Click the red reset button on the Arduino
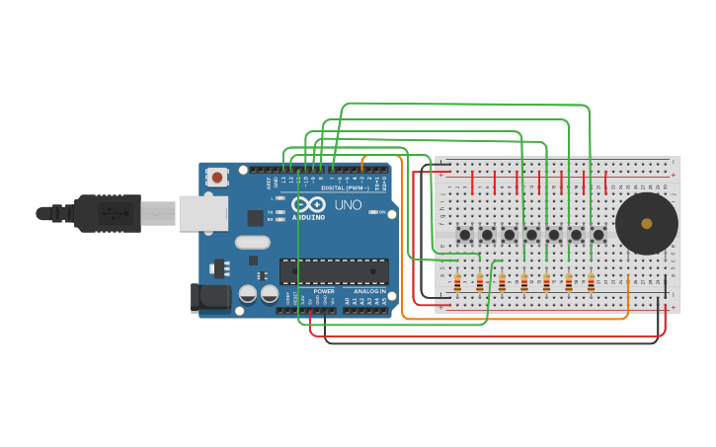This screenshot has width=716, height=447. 216,178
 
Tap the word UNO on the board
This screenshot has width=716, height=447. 348,206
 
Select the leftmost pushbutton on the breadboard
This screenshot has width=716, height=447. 464,235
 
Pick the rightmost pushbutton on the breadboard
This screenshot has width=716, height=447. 598,235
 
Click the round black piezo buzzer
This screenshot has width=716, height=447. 646,224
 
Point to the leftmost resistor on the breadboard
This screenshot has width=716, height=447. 457,283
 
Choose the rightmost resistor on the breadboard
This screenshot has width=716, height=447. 591,283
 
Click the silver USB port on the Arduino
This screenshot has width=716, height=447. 202,212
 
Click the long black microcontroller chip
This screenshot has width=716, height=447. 333,271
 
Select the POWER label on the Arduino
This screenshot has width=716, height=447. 324,292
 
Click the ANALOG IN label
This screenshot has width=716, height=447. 370,292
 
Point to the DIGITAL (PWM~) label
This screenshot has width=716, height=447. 345,187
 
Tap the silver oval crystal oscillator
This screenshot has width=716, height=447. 253,243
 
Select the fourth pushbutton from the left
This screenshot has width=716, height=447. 531,235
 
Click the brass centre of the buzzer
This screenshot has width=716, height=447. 647,224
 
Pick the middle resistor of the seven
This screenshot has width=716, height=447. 524,283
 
